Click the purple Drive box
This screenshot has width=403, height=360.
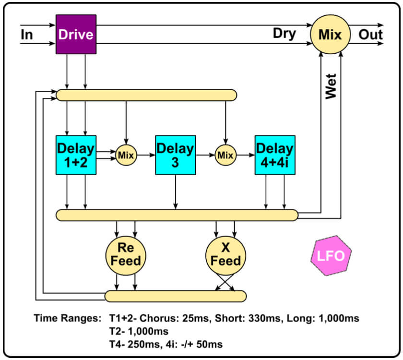(x=76, y=35)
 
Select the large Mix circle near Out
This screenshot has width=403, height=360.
(x=330, y=35)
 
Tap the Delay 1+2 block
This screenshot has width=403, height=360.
(x=76, y=155)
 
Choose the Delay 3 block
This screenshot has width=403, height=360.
(x=175, y=155)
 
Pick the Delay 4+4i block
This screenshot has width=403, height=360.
(x=275, y=155)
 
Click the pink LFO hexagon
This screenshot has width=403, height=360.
(x=331, y=255)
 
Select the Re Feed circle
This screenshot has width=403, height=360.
(x=126, y=255)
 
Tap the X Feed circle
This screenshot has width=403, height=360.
(x=225, y=255)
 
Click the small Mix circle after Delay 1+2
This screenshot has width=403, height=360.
(x=126, y=155)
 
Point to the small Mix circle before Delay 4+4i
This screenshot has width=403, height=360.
(x=225, y=155)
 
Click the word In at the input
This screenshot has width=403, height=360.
(x=27, y=35)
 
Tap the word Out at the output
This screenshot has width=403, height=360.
(x=371, y=35)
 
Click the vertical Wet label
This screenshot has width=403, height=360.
(x=331, y=86)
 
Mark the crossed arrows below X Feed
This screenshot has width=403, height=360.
(x=225, y=283)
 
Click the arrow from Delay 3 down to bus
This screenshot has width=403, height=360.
(x=175, y=192)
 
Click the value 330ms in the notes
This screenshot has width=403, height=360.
(x=253, y=318)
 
